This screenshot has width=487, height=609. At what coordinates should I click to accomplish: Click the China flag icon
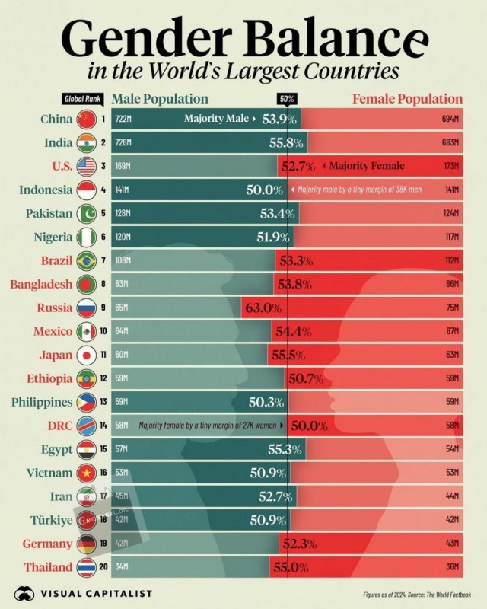(85, 119)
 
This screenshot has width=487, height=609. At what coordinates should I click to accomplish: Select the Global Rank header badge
(81, 99)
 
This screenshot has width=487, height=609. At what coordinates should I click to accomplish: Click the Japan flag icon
(85, 356)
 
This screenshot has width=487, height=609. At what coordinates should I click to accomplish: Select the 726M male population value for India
(123, 142)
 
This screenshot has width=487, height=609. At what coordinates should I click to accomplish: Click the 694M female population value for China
(451, 119)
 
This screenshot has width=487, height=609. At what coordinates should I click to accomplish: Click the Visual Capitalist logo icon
(26, 593)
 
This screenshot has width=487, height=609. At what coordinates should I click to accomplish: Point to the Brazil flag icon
(85, 261)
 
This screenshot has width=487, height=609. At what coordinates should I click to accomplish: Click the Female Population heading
(407, 99)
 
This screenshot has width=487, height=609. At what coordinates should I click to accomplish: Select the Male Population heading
(160, 99)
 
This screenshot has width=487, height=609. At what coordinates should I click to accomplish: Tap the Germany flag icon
(85, 544)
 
